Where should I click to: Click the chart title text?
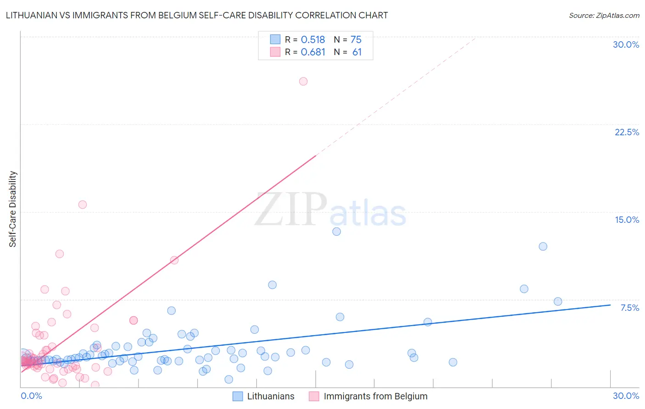197,16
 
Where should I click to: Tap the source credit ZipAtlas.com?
604,16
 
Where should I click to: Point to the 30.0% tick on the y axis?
626,44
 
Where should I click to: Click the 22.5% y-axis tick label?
627,132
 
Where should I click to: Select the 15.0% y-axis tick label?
627,220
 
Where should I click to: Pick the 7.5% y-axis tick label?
629,308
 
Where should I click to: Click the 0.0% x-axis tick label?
31,396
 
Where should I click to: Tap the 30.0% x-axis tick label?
626,396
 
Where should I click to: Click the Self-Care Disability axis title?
13,209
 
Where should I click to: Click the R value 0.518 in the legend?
313,40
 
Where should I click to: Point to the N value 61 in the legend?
357,52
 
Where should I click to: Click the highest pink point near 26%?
303,81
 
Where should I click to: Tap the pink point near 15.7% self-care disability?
83,204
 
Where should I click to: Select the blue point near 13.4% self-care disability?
337,232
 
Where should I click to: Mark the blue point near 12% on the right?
543,246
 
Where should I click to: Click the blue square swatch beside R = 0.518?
275,39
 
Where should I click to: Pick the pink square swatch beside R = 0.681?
275,52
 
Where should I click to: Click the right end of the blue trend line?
610,305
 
